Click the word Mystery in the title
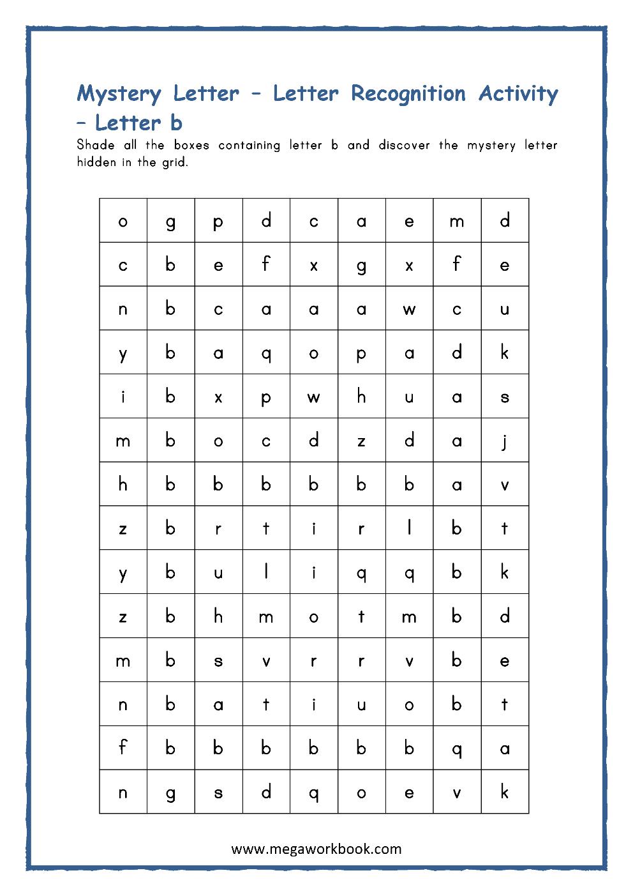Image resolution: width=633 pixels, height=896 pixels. click(x=119, y=94)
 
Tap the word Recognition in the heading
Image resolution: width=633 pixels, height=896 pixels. click(x=408, y=94)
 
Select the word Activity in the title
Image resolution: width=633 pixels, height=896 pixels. click(x=518, y=94)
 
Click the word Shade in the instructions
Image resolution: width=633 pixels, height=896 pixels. click(x=96, y=145)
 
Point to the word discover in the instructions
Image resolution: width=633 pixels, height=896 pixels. click(x=404, y=145)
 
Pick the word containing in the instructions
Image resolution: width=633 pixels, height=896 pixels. click(x=249, y=145)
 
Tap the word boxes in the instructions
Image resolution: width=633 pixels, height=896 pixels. click(x=191, y=145)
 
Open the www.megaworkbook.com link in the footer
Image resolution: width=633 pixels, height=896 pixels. click(x=316, y=849)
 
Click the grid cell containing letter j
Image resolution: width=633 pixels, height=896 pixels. click(x=505, y=440)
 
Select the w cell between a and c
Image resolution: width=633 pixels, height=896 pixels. click(x=409, y=308)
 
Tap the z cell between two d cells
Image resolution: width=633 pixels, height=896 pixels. click(x=361, y=440)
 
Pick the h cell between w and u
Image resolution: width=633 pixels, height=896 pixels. click(x=361, y=396)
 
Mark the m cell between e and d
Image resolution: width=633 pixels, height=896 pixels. click(x=457, y=220)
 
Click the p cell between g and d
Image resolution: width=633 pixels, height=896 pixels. click(x=218, y=220)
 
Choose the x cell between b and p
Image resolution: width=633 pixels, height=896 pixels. click(x=218, y=396)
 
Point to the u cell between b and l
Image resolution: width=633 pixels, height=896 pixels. click(x=218, y=572)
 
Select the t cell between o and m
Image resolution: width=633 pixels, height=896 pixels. click(x=361, y=616)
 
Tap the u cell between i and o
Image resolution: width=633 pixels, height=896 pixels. click(x=361, y=704)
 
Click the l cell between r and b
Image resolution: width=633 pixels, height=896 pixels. click(x=409, y=528)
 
